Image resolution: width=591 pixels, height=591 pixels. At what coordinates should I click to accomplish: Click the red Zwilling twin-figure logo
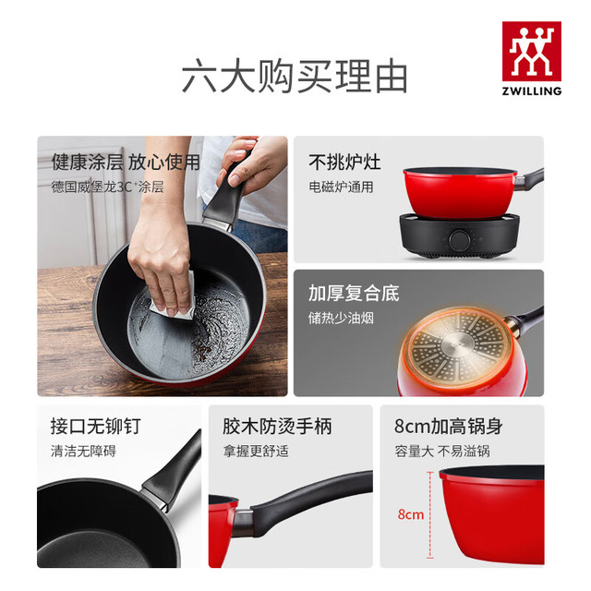click(532, 52)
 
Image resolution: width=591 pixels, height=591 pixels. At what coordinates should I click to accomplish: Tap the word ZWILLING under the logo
click(532, 90)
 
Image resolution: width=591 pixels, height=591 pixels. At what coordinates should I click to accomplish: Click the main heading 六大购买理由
click(295, 76)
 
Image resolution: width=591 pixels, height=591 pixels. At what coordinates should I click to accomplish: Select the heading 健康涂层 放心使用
click(126, 163)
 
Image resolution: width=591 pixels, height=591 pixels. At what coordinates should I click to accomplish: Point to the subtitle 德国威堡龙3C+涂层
click(107, 187)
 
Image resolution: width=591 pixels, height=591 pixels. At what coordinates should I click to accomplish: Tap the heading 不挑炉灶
click(344, 163)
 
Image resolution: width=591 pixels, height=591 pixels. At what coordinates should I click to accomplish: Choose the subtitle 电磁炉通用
click(341, 187)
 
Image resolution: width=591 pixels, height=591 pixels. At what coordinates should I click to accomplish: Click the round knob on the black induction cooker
click(459, 238)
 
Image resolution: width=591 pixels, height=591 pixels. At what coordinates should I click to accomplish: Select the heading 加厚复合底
click(354, 294)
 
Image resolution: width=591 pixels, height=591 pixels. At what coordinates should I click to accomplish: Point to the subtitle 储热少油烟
click(341, 318)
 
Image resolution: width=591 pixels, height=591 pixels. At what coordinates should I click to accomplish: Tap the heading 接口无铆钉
click(96, 427)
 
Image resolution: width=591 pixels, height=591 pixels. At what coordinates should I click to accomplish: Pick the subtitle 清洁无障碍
click(83, 451)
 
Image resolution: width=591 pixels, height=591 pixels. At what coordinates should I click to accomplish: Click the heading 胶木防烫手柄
click(277, 427)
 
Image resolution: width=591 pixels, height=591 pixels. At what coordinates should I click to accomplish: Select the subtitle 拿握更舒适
click(256, 451)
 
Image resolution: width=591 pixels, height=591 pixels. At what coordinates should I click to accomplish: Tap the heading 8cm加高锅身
click(449, 427)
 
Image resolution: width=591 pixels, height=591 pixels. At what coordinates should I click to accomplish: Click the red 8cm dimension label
click(410, 514)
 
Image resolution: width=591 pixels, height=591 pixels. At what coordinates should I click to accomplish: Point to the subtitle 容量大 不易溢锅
click(442, 451)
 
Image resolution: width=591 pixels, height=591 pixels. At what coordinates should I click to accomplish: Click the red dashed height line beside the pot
click(430, 515)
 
